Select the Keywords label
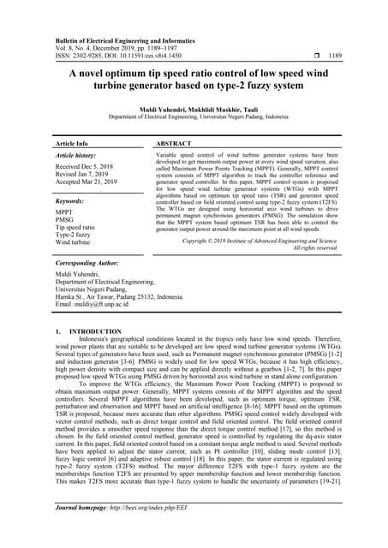tap(69, 200)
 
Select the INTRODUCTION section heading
tap(92, 330)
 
